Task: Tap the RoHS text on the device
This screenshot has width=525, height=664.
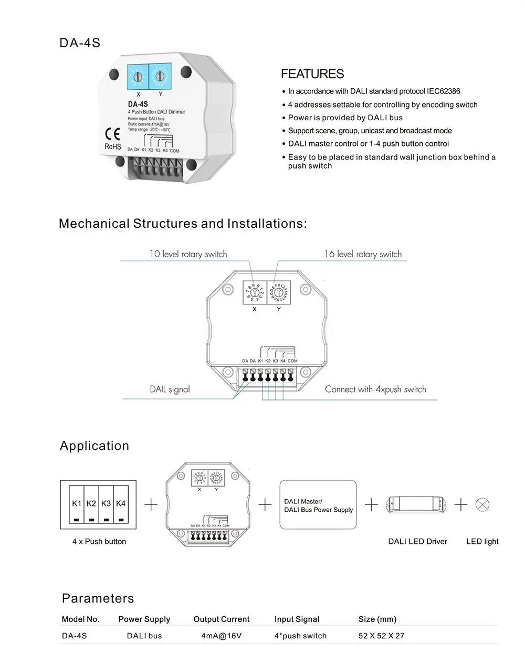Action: (x=113, y=146)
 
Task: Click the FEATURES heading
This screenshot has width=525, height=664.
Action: (x=312, y=74)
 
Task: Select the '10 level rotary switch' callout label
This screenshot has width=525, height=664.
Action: (x=188, y=254)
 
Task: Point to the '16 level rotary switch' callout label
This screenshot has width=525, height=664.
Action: (x=363, y=254)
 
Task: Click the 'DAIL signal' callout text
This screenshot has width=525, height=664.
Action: (x=170, y=389)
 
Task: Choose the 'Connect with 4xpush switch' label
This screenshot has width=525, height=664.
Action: (x=375, y=389)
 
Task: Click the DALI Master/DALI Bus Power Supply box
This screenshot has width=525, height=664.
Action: (x=318, y=504)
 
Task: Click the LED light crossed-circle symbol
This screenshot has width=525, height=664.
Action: (x=482, y=505)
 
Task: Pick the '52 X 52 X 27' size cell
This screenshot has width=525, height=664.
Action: (x=382, y=636)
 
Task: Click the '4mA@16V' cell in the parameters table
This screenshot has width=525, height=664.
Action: (x=222, y=636)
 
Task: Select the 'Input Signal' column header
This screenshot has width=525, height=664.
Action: (x=297, y=619)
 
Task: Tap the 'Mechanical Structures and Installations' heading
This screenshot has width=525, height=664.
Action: (x=183, y=224)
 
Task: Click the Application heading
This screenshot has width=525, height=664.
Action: (x=94, y=446)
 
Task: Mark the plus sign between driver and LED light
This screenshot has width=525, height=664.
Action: (x=460, y=505)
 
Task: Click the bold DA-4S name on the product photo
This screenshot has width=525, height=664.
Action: (x=138, y=104)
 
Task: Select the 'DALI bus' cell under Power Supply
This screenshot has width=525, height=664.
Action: (x=144, y=636)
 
